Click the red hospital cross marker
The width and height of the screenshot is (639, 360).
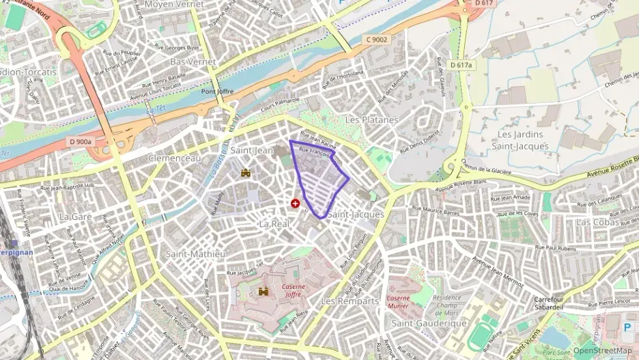295,203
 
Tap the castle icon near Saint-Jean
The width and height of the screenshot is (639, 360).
246,173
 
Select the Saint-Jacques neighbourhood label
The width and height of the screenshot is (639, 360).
355,214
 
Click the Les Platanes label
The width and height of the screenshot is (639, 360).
371,120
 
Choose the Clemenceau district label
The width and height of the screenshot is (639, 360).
175,158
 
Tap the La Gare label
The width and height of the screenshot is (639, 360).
75,216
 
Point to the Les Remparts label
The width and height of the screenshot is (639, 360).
350,301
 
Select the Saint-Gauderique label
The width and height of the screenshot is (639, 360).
429,323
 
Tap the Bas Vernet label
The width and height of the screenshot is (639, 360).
188,61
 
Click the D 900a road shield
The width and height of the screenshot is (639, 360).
80,141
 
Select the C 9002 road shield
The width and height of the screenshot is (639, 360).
375,40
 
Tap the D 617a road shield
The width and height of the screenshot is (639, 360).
461,64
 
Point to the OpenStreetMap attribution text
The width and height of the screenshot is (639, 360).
602,350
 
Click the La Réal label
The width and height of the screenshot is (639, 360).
275,223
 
